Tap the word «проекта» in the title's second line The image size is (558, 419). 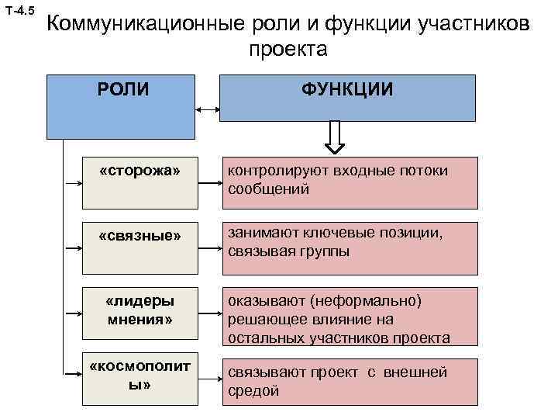pos(289,50)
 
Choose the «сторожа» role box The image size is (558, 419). pos(140,183)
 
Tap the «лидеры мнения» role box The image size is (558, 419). pos(140,313)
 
